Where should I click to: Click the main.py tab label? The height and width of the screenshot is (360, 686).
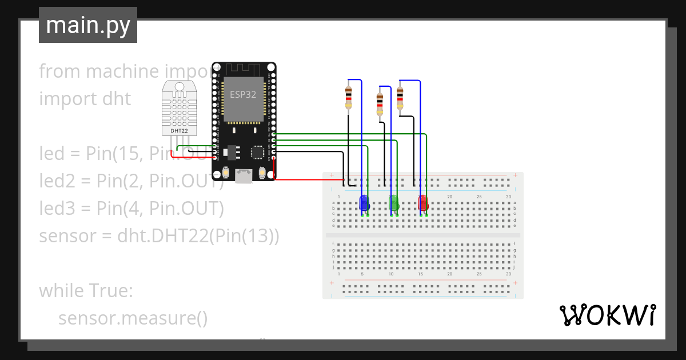87,25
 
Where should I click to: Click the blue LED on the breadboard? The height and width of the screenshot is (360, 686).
364,203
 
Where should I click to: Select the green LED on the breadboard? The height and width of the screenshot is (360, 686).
393,202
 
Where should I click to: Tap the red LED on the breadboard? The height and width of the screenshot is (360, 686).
423,203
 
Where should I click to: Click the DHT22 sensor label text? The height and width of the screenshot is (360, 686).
179,131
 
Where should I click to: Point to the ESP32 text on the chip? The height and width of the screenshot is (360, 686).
243,95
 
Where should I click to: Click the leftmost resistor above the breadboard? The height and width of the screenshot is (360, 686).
348,97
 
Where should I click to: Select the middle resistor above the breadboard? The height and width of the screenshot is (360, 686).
380,104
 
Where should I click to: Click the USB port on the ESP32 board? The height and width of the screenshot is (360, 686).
244,177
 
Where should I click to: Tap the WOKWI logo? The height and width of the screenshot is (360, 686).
607,315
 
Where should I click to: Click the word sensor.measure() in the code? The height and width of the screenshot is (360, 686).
133,318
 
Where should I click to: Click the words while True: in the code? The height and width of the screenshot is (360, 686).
86,291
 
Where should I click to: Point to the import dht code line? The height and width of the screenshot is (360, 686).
85,99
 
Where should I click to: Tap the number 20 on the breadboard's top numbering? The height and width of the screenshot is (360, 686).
450,197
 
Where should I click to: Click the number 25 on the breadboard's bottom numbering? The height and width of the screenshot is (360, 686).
479,274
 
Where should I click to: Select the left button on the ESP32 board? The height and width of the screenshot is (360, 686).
226,172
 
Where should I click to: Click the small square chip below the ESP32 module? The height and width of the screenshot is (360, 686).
257,152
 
